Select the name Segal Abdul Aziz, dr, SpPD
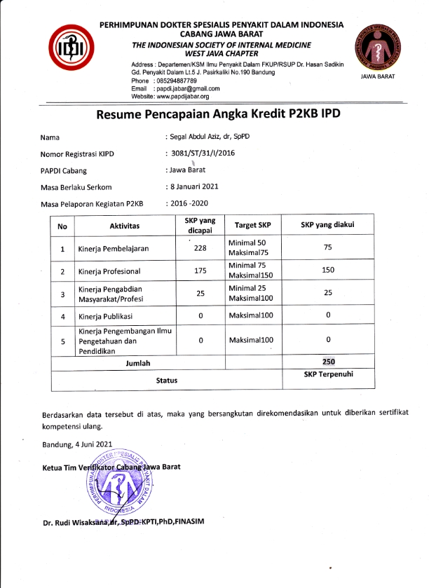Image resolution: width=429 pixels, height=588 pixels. (209, 137)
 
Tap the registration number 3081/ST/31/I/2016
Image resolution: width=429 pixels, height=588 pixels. (205, 153)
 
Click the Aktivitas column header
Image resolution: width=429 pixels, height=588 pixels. (124, 226)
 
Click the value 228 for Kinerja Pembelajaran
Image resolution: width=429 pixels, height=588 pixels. (200, 247)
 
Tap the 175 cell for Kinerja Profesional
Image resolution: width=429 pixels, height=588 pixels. (200, 271)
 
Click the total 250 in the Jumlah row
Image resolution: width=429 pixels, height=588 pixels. (327, 362)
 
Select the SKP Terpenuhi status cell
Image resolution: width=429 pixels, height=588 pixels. (328, 375)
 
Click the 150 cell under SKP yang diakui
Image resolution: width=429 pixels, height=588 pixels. (327, 271)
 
